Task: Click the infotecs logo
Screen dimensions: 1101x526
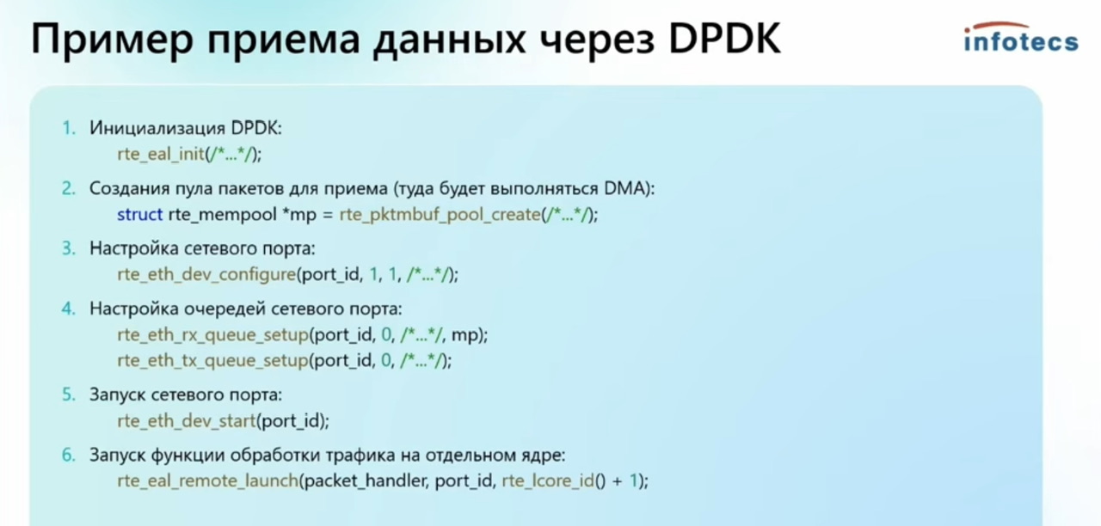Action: [1021, 37]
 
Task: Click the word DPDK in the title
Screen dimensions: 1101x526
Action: [724, 39]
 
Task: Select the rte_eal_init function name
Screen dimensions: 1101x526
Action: [161, 154]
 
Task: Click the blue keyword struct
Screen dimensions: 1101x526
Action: [139, 215]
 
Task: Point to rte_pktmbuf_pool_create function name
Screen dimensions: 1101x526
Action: [440, 215]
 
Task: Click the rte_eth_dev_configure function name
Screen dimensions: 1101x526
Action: [206, 274]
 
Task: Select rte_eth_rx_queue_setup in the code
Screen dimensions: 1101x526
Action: [212, 335]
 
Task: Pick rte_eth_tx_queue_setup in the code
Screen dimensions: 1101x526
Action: [212, 361]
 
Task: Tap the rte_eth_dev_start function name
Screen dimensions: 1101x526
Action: [187, 421]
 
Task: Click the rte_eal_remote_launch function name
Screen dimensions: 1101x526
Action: [208, 480]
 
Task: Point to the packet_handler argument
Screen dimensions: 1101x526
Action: [366, 480]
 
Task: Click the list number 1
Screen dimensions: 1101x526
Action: [69, 128]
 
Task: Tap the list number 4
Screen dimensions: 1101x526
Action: [69, 309]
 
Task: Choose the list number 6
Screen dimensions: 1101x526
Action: [69, 456]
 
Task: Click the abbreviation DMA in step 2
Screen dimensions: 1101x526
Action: [622, 188]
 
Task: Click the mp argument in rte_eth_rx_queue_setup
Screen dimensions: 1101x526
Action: [464, 336]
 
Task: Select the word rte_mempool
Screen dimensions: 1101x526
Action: [222, 215]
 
